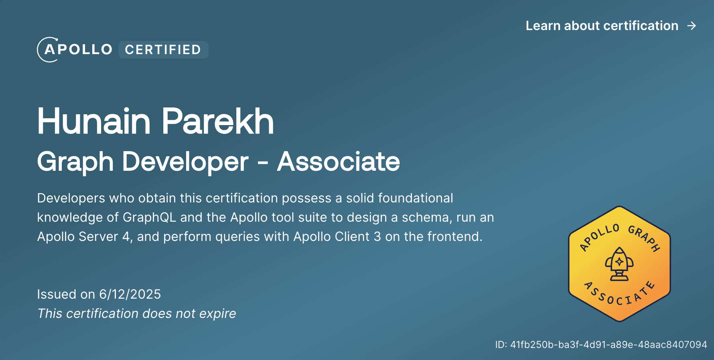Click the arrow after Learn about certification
tap(692, 26)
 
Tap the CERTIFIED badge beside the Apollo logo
tap(163, 50)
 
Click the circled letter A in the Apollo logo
tap(49, 50)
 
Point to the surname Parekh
tap(217, 121)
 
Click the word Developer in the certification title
tap(185, 162)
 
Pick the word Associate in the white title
tap(338, 162)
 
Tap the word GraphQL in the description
tap(149, 217)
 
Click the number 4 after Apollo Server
tap(126, 237)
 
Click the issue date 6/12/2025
tap(130, 294)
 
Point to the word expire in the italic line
tap(217, 313)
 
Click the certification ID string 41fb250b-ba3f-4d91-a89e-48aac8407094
tap(609, 345)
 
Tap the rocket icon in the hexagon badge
tap(619, 263)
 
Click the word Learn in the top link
tap(543, 26)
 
